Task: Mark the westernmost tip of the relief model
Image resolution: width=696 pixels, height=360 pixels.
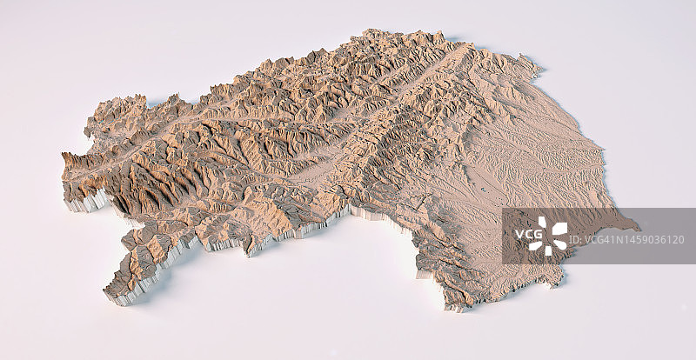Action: (x=63, y=157)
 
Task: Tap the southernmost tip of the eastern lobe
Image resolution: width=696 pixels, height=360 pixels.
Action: (x=452, y=306)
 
